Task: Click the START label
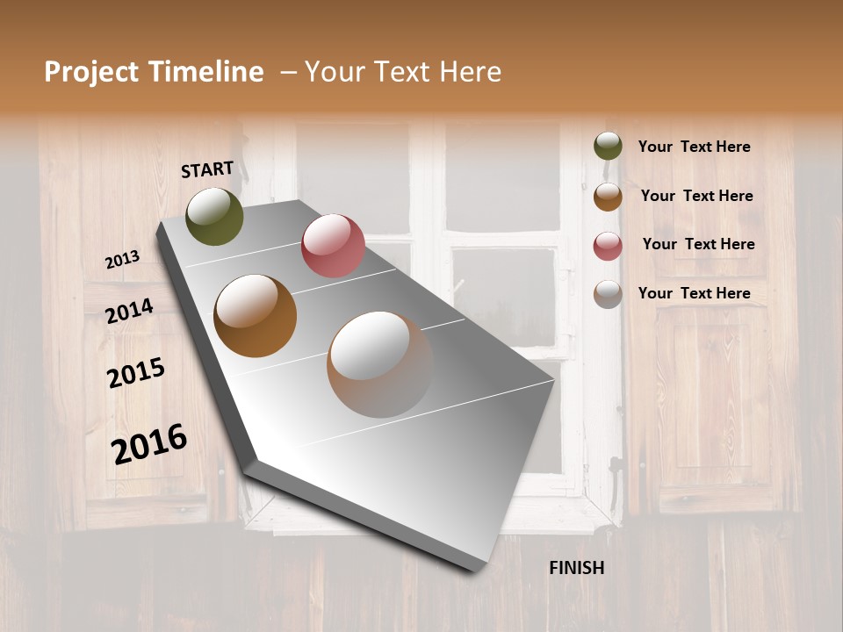click(x=207, y=169)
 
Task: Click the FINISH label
click(x=577, y=568)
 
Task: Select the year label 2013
click(x=122, y=260)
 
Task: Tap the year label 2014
click(x=130, y=311)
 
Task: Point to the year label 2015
click(x=136, y=373)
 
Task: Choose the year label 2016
click(x=149, y=444)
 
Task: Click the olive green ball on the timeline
click(x=214, y=216)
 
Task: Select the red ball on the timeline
click(x=333, y=246)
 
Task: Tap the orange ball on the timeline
click(x=256, y=316)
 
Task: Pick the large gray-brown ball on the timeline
click(x=380, y=364)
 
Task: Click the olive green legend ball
click(x=608, y=147)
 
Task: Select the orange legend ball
click(x=608, y=196)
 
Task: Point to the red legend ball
click(x=608, y=245)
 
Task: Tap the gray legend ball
click(x=608, y=293)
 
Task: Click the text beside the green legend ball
click(x=694, y=147)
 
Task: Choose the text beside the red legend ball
click(x=698, y=244)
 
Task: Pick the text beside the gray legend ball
click(x=694, y=293)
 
